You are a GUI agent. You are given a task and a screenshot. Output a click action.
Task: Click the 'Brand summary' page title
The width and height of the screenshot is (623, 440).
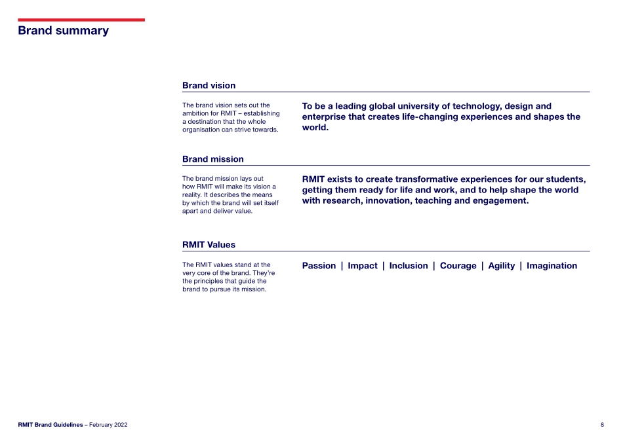coord(63,31)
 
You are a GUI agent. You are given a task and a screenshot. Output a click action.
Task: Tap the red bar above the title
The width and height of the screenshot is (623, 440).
coord(81,20)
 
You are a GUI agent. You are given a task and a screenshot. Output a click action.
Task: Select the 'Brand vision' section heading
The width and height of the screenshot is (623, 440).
coord(209,86)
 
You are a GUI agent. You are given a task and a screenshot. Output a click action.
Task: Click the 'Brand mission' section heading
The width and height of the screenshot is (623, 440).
coord(212,159)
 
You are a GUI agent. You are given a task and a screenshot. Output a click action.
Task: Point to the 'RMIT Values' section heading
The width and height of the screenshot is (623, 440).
coord(209,245)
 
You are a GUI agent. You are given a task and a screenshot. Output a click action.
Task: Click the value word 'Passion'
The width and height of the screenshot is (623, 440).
coord(319,266)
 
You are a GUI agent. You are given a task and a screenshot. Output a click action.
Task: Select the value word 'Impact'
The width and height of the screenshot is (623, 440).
coord(363,266)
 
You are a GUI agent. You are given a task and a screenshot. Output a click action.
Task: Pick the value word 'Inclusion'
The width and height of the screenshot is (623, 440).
coord(408,266)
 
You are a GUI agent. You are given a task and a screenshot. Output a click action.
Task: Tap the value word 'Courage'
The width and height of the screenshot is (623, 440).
coord(458,266)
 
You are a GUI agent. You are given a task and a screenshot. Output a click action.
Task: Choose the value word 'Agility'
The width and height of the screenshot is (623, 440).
coord(502,266)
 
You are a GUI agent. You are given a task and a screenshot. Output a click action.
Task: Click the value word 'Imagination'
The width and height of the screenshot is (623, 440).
coord(552,266)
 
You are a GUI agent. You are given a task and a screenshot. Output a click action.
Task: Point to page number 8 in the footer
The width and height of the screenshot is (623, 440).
coord(602,425)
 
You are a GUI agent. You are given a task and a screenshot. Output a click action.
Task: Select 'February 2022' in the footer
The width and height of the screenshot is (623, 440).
coord(106,425)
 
